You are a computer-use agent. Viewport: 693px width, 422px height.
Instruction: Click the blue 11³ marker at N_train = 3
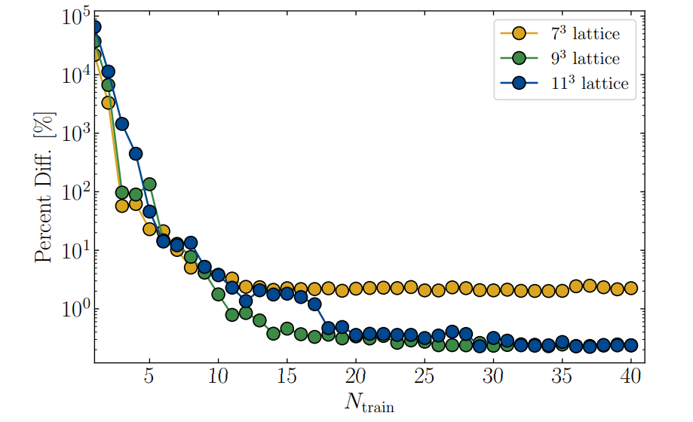click(x=122, y=124)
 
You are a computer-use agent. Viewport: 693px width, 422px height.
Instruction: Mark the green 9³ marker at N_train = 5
click(x=149, y=184)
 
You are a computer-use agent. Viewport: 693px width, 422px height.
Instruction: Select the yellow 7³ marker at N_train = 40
click(x=631, y=288)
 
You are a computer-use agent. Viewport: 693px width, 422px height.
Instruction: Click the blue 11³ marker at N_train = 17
click(x=314, y=304)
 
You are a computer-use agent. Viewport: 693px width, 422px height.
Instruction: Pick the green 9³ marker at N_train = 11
click(x=232, y=315)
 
